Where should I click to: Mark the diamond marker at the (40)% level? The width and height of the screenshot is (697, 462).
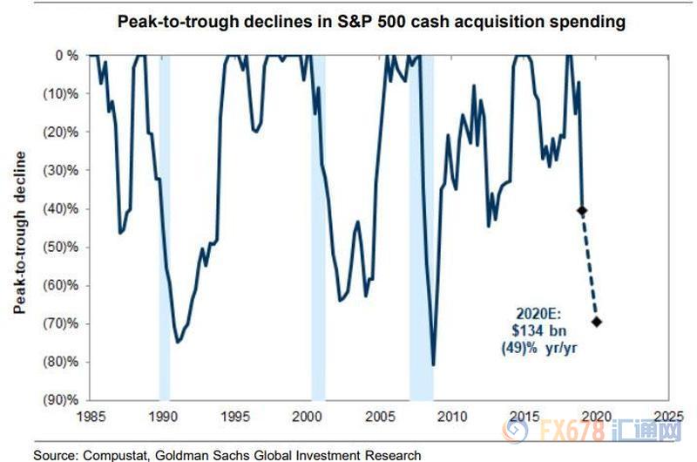pyautogui.click(x=581, y=210)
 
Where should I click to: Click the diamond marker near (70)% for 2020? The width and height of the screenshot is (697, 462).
pyautogui.click(x=596, y=322)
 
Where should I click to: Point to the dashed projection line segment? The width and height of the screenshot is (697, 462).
pyautogui.click(x=589, y=266)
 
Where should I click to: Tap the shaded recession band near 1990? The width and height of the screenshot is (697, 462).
pyautogui.click(x=164, y=262)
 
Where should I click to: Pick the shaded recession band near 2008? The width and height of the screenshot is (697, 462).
pyautogui.click(x=421, y=262)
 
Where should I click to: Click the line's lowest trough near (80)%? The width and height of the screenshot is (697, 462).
pyautogui.click(x=433, y=364)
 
